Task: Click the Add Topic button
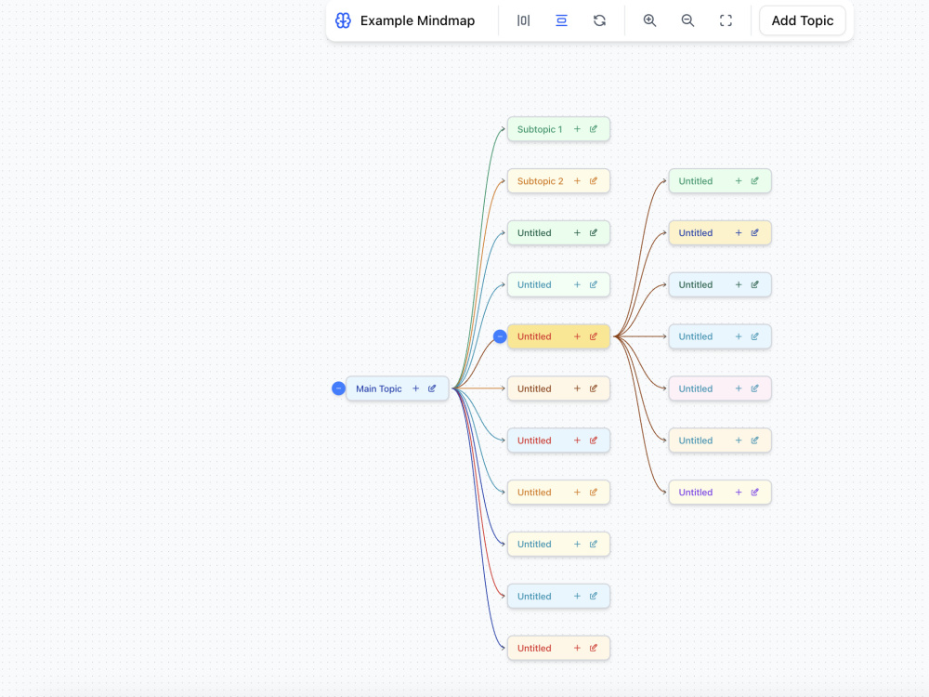[x=803, y=20]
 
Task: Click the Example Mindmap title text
[x=417, y=20]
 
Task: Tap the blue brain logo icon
[x=343, y=20]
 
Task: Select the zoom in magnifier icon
[x=649, y=20]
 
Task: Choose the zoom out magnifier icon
[x=687, y=20]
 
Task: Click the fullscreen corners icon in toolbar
[x=726, y=20]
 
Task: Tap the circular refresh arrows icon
[x=599, y=20]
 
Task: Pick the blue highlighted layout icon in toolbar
[x=561, y=20]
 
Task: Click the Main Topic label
[x=379, y=388]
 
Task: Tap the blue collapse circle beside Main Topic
[x=338, y=388]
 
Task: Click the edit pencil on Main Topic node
[x=432, y=388]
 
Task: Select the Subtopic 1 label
[x=540, y=129]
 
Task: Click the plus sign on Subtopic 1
[x=577, y=128]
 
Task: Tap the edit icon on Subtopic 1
[x=593, y=128]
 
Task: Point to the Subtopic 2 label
[x=541, y=181]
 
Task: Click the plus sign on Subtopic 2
[x=577, y=181]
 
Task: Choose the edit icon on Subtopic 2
[x=593, y=181]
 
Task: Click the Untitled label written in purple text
[x=696, y=493]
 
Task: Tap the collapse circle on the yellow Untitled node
[x=500, y=336]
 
